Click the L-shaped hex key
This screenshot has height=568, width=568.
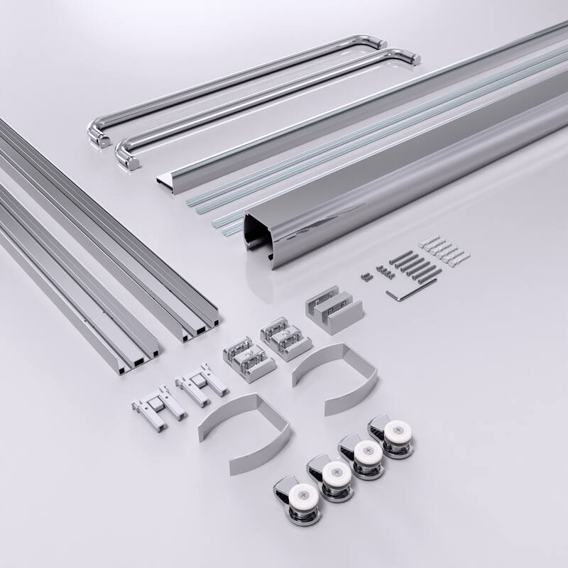402,293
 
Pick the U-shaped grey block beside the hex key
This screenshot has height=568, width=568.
334,310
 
